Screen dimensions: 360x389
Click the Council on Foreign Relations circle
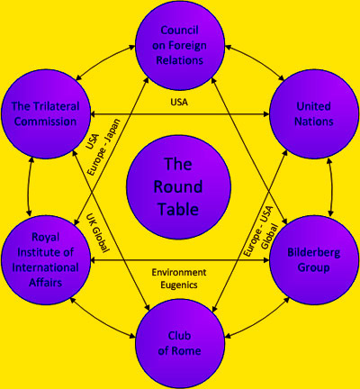click(x=180, y=45)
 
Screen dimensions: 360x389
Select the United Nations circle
click(x=314, y=114)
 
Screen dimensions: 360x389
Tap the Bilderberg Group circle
click(x=314, y=260)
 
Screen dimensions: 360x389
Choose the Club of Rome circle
click(x=180, y=344)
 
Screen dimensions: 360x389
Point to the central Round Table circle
click(x=178, y=187)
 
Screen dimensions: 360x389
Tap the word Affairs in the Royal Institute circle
click(x=46, y=283)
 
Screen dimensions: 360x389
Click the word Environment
click(x=179, y=272)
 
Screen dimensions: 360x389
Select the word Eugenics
click(x=179, y=285)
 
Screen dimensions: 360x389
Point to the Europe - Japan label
click(x=103, y=147)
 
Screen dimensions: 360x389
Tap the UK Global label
click(x=97, y=232)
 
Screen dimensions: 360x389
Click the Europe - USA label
click(x=257, y=231)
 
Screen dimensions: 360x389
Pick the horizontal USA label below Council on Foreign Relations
click(x=179, y=102)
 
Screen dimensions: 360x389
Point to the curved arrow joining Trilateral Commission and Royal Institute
click(x=28, y=187)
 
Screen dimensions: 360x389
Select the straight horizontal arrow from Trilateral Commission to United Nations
click(x=180, y=114)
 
